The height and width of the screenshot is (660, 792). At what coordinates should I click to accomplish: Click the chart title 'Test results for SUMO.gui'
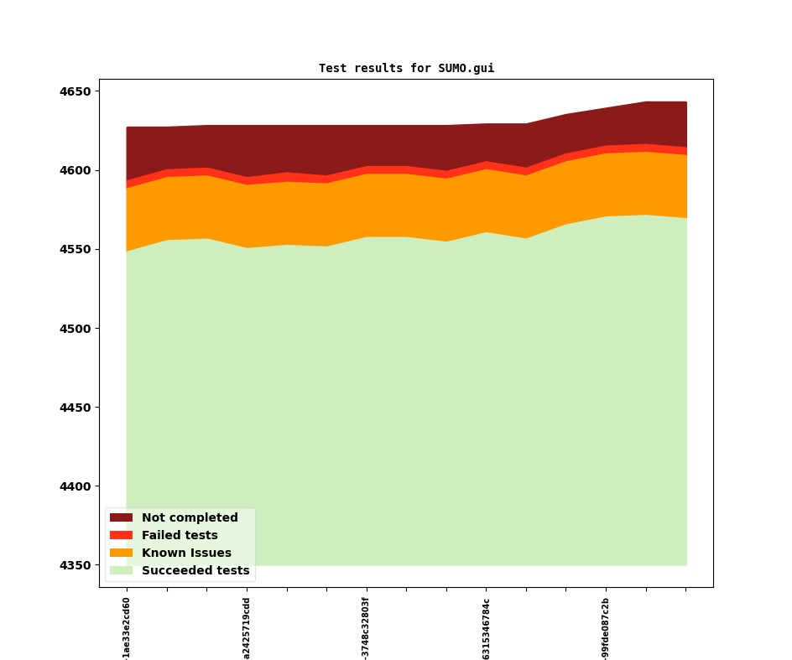406,69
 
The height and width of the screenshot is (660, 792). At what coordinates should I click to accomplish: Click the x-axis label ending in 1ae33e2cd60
127,628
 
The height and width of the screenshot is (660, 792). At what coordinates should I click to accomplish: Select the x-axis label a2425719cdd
247,628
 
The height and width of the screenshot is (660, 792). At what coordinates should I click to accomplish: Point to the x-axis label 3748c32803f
366,628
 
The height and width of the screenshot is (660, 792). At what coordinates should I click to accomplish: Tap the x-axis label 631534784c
486,628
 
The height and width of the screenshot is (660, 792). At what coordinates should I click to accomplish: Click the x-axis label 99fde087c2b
606,628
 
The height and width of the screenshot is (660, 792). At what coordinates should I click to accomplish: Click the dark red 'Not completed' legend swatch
121,518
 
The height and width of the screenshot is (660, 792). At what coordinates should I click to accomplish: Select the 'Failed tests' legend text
180,536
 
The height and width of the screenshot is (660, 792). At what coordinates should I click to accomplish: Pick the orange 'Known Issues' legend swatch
121,553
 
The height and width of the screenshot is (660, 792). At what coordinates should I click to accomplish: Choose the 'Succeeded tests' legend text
195,571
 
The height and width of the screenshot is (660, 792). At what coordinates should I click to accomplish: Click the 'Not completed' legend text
190,518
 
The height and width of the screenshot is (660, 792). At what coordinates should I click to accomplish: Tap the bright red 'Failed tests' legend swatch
121,536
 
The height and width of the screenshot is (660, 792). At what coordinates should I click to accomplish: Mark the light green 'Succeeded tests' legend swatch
121,571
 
